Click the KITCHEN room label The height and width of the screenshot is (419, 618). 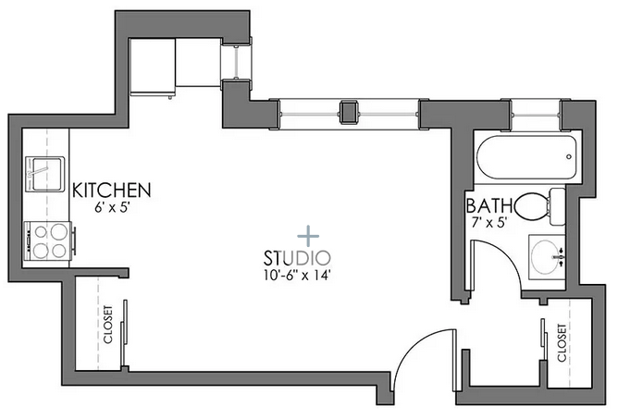click(x=112, y=190)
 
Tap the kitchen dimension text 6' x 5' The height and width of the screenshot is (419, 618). click(x=112, y=208)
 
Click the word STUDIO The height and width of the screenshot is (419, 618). click(x=297, y=259)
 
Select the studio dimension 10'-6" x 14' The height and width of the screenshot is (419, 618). click(x=296, y=275)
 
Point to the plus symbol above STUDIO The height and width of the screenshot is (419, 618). click(x=308, y=236)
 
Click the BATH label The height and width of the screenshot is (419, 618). click(x=489, y=205)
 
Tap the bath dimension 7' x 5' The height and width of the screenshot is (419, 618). click(x=488, y=223)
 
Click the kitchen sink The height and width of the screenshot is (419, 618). click(x=44, y=174)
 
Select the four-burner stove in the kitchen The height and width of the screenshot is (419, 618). click(x=48, y=240)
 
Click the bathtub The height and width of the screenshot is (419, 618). click(x=526, y=157)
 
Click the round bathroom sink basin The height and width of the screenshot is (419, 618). click(x=545, y=256)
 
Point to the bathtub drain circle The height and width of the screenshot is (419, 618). click(x=569, y=156)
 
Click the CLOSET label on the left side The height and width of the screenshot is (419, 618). click(x=108, y=324)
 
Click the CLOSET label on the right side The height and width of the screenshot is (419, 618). click(x=562, y=342)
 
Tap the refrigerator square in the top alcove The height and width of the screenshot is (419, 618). click(x=152, y=66)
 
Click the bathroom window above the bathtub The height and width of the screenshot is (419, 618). click(x=536, y=115)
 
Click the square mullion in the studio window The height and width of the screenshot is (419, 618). click(x=349, y=112)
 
